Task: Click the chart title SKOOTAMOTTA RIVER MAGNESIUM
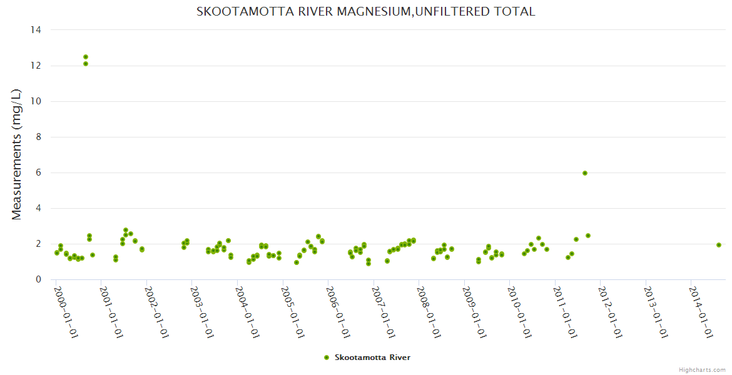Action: (366, 11)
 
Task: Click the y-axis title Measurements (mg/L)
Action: (17, 154)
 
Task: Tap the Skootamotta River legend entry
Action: (367, 357)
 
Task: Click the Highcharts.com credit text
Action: (702, 370)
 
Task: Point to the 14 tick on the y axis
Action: (36, 30)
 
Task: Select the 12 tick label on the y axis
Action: (36, 66)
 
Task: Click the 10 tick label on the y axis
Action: (36, 101)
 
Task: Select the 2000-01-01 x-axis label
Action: (66, 312)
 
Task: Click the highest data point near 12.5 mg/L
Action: (86, 57)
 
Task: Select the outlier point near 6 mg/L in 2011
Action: (585, 173)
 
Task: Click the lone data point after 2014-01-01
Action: (719, 245)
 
